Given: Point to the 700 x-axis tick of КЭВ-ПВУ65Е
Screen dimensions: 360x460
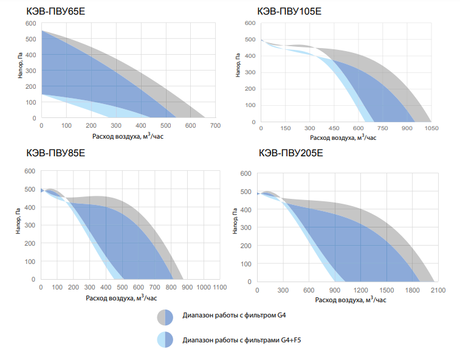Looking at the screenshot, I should coord(215,126).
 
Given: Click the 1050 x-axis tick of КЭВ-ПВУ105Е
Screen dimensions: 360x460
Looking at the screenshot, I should coord(431,128).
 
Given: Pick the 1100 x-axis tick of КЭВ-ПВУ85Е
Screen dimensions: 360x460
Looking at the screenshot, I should coord(219,286).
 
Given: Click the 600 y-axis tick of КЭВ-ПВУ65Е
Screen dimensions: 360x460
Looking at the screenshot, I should coord(30,23).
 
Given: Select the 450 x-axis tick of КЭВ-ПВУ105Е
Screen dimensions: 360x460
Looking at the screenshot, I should coord(333,128).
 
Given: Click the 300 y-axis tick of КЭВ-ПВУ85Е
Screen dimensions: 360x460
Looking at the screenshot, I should coord(30,225).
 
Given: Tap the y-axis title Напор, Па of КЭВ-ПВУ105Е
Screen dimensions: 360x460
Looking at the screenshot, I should coord(239,64).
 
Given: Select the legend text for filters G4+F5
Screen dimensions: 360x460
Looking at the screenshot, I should coord(242,340).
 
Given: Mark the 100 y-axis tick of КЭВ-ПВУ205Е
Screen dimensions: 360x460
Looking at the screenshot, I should coord(245,265).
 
